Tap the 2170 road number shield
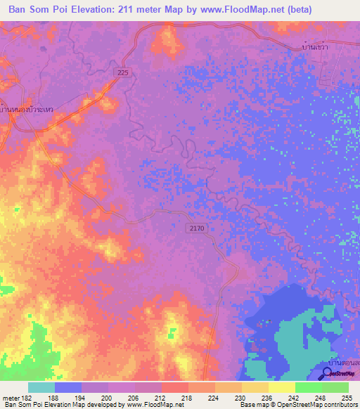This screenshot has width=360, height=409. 197,228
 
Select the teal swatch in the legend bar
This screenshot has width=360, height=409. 41,387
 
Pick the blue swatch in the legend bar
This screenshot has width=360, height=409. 68,387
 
